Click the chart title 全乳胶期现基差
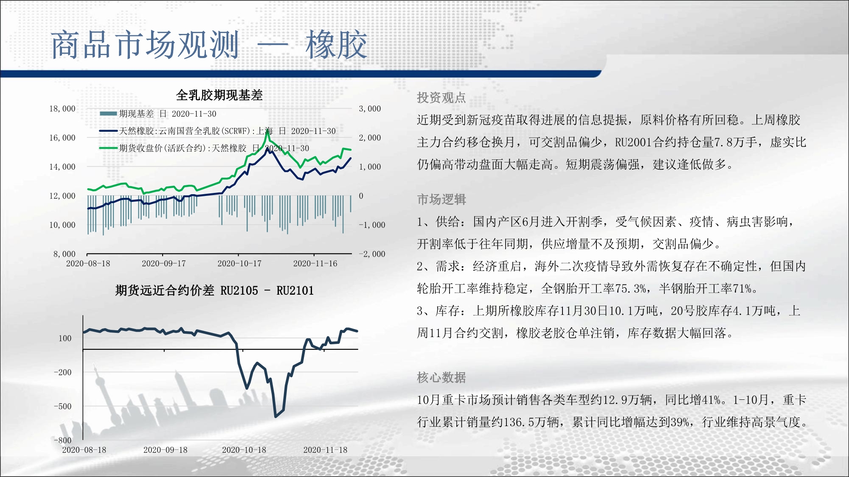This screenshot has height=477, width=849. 219,95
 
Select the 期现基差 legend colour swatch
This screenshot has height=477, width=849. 108,114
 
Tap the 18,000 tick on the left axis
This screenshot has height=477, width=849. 62,109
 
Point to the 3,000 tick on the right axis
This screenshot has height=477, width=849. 370,109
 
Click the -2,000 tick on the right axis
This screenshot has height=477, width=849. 372,254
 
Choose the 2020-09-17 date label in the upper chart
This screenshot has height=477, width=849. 164,263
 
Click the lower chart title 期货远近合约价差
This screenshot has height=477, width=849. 165,290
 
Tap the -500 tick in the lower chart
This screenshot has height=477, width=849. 63,406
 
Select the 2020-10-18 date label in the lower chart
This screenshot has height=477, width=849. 244,450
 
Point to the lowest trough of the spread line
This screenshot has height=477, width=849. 276,416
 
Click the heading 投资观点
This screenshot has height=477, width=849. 441,98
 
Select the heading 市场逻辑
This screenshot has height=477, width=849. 441,199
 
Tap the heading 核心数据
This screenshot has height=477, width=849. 441,377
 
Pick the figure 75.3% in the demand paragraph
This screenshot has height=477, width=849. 631,289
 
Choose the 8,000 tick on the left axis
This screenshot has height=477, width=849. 65,254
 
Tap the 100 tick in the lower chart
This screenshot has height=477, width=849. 65,338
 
